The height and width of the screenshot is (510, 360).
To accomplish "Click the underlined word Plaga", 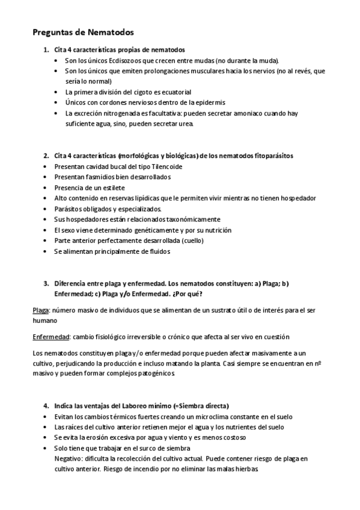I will tap(41, 310).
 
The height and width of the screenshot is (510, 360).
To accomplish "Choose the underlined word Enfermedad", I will tap(49, 337).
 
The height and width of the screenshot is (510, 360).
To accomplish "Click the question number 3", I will tap(46, 283).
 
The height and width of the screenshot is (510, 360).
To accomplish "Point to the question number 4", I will tap(46, 405).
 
